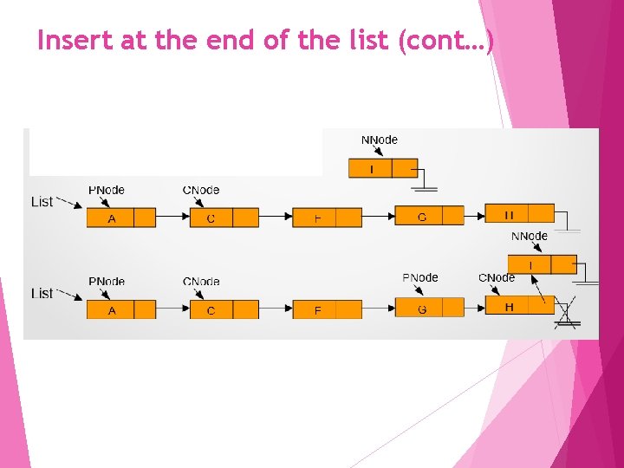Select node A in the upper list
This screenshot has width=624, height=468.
[111, 218]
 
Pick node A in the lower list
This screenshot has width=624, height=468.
[111, 309]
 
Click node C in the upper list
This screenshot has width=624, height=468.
[211, 218]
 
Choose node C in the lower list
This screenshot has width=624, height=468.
[211, 309]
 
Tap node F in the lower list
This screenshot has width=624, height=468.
[316, 309]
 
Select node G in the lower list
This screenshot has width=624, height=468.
[421, 309]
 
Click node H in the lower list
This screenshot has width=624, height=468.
[509, 307]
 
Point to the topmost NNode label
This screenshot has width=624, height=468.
[379, 140]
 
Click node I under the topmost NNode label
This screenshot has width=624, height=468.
[371, 168]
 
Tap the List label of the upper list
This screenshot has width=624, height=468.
[42, 201]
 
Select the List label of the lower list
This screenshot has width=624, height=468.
[42, 293]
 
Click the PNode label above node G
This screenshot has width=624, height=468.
[420, 278]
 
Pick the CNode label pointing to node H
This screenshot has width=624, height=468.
[497, 278]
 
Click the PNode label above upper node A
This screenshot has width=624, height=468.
[107, 190]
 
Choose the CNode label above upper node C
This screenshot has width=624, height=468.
[201, 190]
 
